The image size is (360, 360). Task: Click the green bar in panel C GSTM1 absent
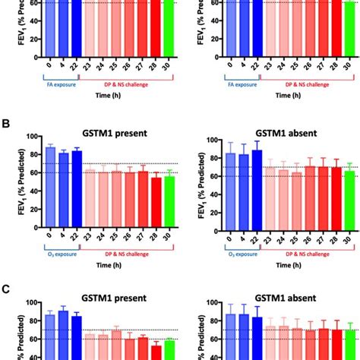(349, 345)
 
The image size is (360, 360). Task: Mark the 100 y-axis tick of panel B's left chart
(31, 137)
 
